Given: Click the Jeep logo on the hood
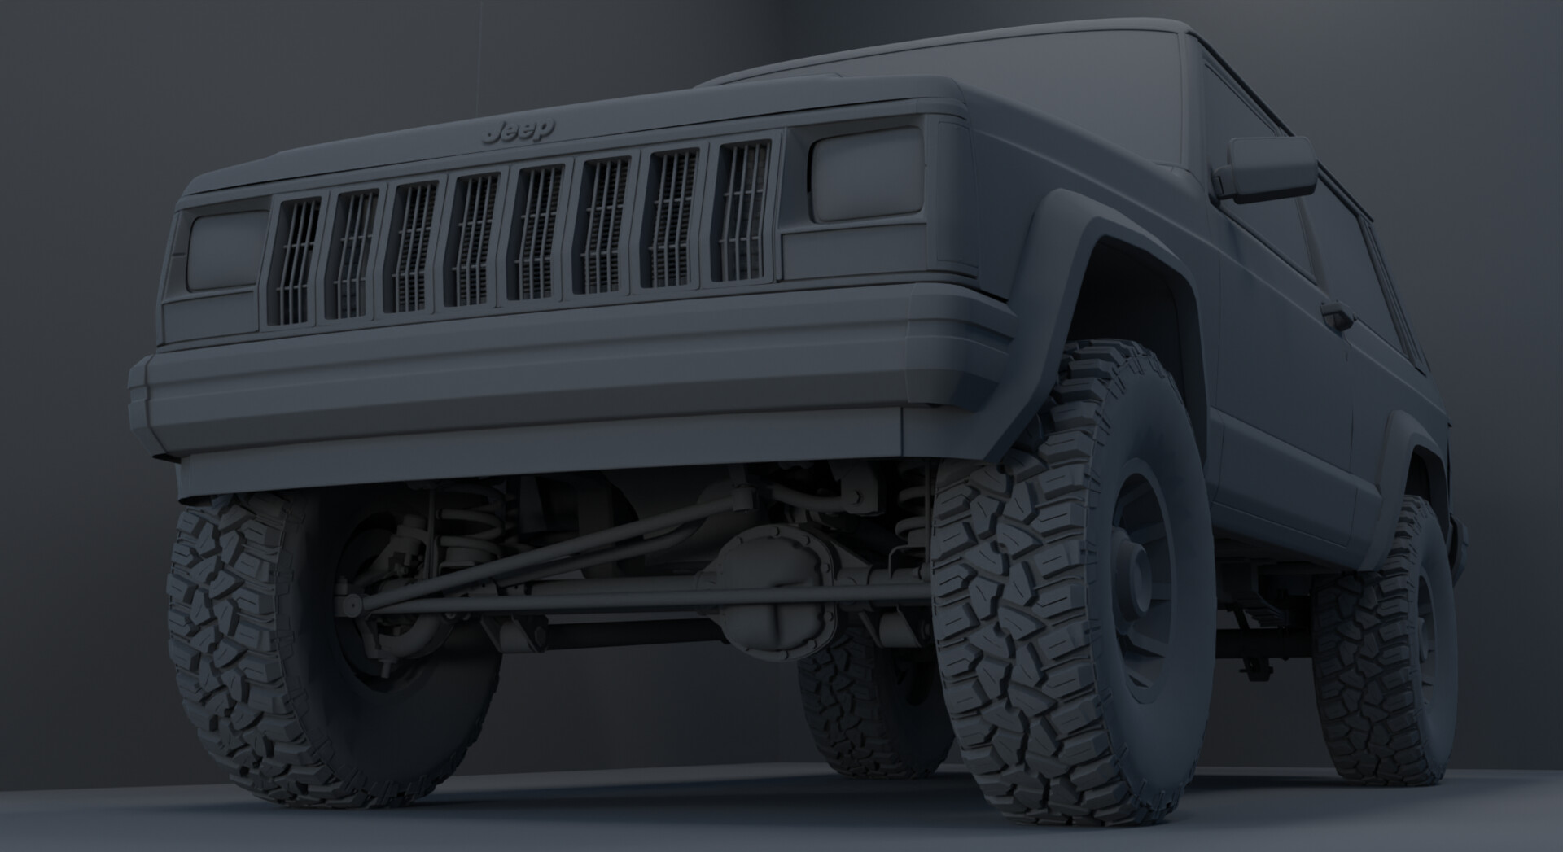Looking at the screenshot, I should [518, 130].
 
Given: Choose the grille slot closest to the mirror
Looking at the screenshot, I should [743, 212].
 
